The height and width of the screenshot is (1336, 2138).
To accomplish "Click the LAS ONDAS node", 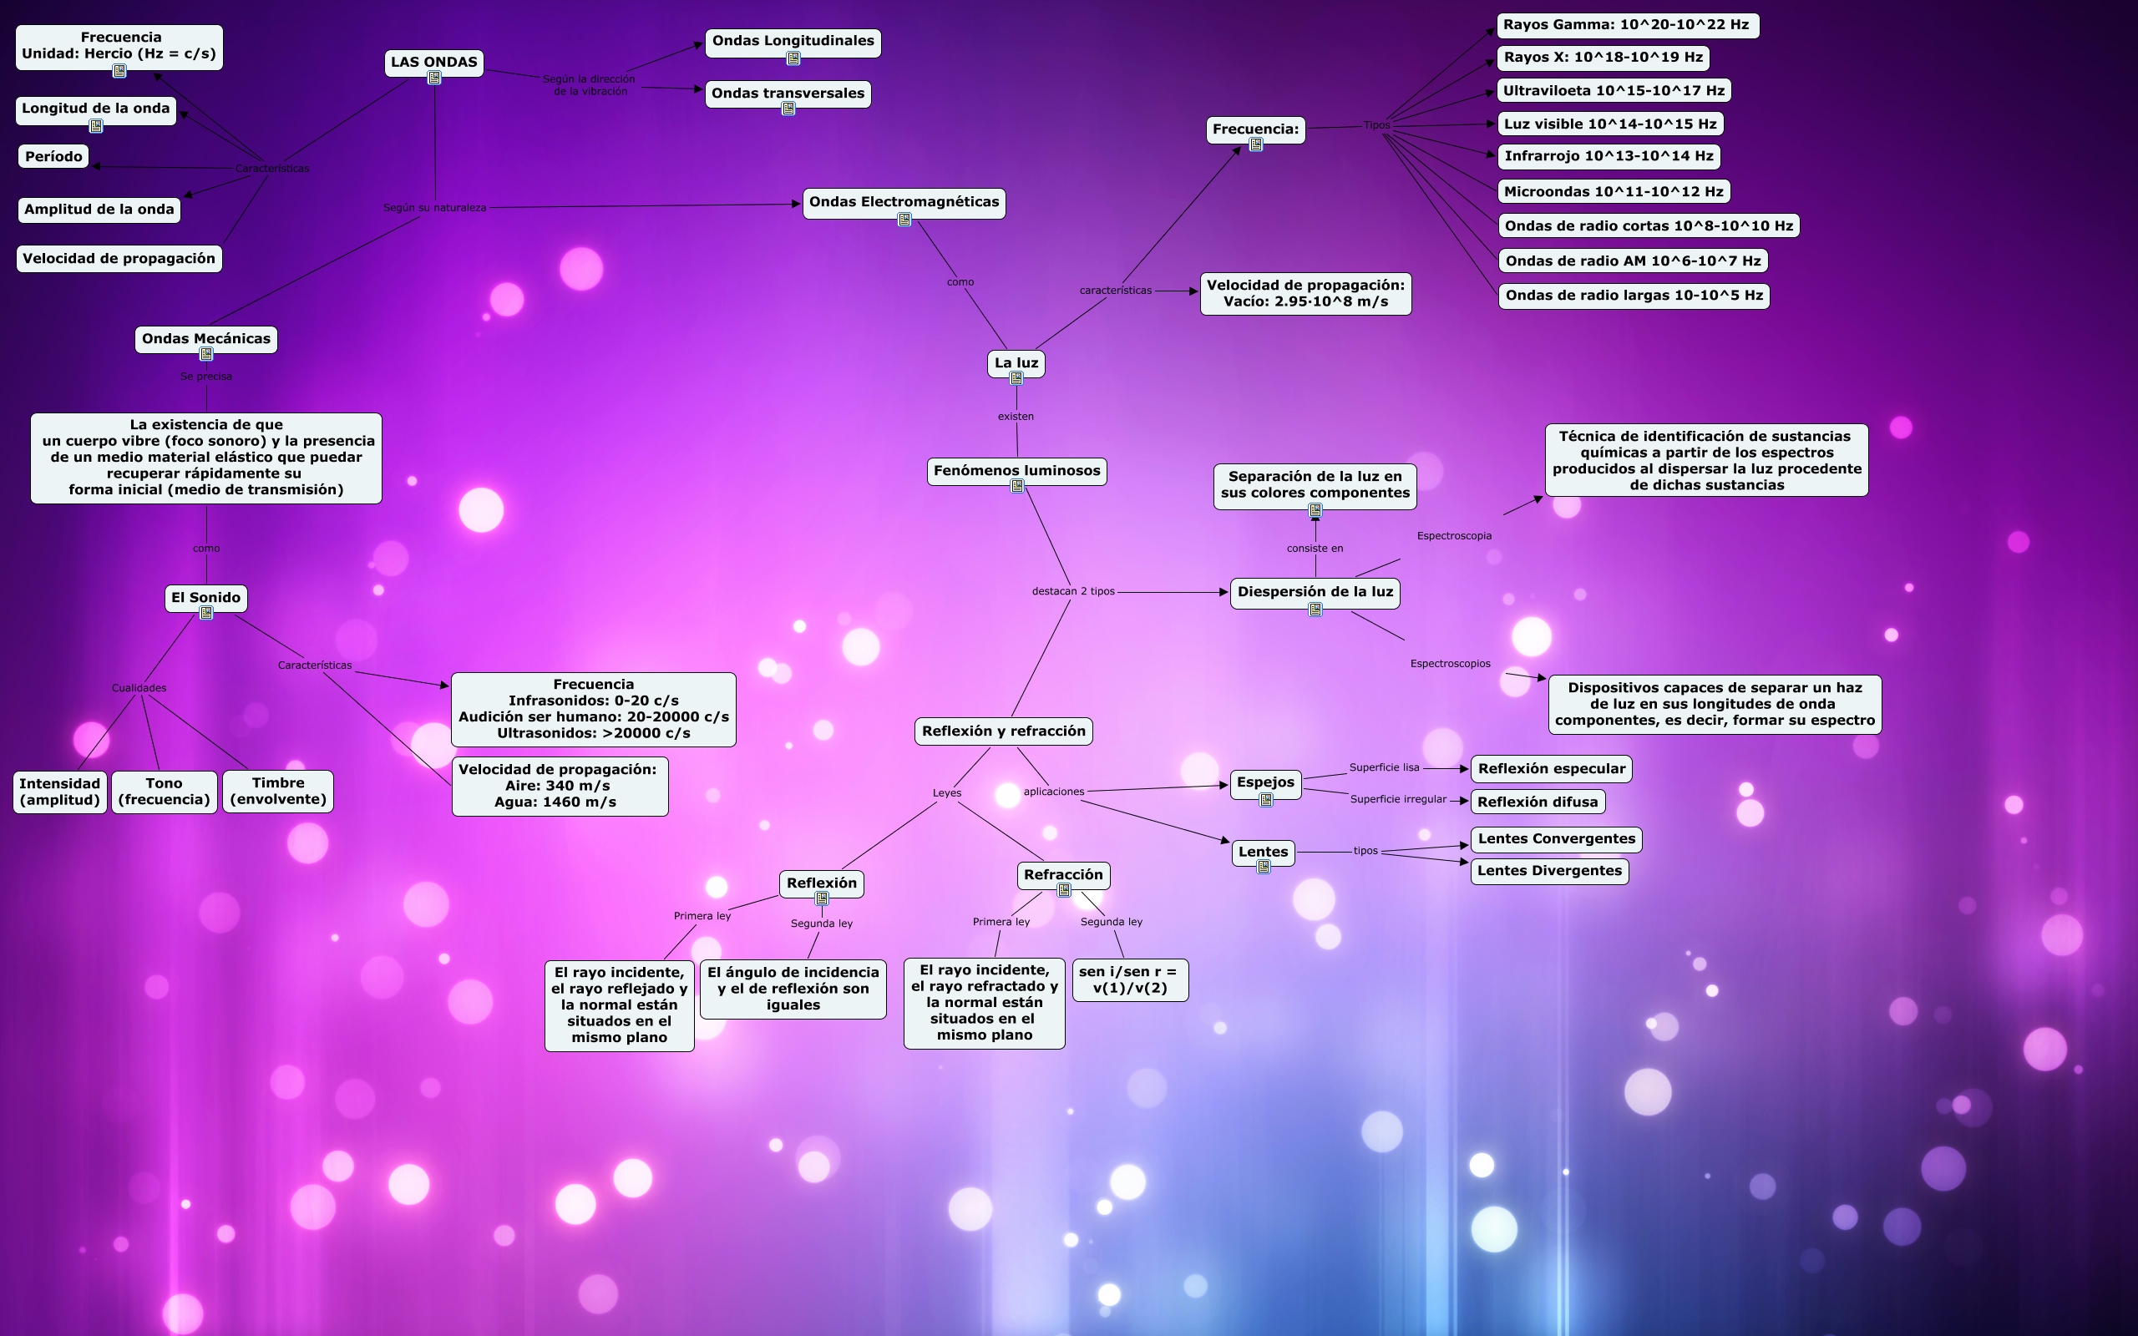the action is [433, 62].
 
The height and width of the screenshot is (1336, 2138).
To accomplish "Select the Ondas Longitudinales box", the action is [793, 41].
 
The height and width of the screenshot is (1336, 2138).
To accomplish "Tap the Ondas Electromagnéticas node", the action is [904, 201].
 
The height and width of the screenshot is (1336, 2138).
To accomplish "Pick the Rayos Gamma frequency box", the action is [1627, 25].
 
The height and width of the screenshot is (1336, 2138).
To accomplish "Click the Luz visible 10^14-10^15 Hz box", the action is [1609, 124].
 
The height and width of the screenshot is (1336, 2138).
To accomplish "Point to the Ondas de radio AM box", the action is [1633, 261].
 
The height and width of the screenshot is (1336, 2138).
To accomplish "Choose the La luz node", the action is [1016, 362].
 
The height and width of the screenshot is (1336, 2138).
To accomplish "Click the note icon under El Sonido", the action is [205, 613].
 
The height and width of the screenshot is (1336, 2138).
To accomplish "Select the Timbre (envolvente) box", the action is [277, 791].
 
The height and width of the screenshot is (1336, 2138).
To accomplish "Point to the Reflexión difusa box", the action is [1538, 802].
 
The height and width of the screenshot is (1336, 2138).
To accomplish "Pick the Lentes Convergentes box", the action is [1556, 838].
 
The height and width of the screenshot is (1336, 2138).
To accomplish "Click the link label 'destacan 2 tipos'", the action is [1072, 591].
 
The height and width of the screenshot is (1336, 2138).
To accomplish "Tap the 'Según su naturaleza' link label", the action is [433, 208].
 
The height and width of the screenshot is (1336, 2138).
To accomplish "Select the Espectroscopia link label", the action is [1453, 535].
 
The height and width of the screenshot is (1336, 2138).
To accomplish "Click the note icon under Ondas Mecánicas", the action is [205, 354].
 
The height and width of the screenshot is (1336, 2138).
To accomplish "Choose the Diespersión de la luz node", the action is [1315, 591].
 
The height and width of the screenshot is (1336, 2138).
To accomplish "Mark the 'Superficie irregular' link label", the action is [1398, 799].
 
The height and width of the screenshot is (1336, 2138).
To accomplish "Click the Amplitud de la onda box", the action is [99, 210].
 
